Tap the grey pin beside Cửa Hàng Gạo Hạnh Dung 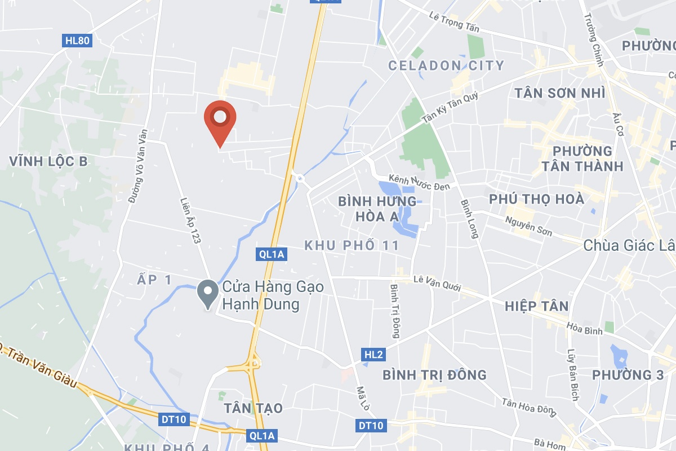208,293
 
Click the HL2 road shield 373,355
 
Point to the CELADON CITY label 446,65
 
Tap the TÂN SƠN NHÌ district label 560,93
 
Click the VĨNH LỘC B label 48,162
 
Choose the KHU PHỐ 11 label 352,245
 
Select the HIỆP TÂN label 536,306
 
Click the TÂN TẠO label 253,408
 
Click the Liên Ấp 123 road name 190,220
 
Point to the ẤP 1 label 154,279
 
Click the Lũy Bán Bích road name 573,375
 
